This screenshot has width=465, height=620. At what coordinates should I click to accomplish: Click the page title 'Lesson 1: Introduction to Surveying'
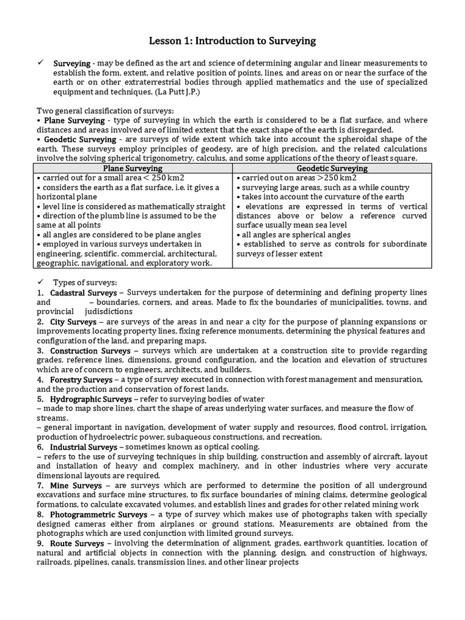232,41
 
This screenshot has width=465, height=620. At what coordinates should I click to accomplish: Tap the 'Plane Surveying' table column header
133,168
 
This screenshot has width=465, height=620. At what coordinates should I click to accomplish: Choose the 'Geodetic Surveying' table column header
332,168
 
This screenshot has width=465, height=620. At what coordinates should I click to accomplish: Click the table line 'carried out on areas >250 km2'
297,177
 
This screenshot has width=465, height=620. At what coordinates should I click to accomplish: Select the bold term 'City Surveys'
73,322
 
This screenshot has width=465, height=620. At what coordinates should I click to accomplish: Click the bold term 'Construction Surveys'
90,351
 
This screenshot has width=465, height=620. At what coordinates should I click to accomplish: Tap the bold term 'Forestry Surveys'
81,380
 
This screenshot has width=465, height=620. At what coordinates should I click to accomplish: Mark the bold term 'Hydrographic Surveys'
91,399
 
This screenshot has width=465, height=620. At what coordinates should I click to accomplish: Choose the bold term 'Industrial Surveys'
84,447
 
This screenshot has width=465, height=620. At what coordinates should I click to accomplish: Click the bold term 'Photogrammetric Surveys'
101,515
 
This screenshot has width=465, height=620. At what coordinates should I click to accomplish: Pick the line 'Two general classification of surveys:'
105,111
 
